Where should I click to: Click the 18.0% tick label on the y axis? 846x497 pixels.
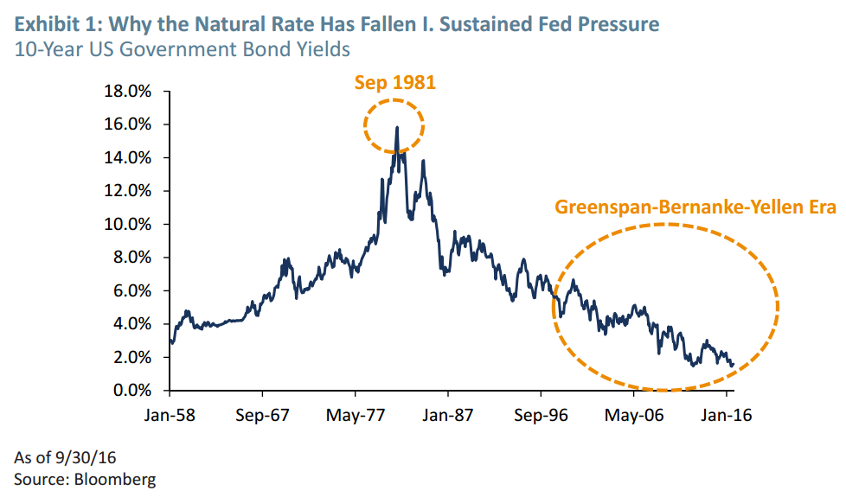click(x=127, y=91)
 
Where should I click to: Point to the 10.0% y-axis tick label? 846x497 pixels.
click(x=127, y=224)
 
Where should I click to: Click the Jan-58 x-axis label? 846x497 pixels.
click(x=170, y=414)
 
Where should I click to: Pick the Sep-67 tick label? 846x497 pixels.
click(x=264, y=414)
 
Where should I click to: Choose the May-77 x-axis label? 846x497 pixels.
click(x=356, y=414)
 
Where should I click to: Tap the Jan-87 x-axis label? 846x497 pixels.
click(x=448, y=414)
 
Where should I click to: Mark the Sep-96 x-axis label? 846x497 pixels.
click(x=541, y=414)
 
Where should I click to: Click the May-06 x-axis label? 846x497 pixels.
click(x=634, y=414)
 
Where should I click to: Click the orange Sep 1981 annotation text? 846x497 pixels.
click(x=395, y=83)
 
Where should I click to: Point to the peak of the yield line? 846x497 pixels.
click(x=397, y=128)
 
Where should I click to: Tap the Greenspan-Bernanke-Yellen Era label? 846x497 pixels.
click(x=695, y=207)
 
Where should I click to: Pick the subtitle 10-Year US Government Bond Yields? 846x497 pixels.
click(x=183, y=48)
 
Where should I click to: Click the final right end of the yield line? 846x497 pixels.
click(x=734, y=365)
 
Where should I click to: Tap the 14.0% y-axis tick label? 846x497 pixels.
click(x=127, y=157)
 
